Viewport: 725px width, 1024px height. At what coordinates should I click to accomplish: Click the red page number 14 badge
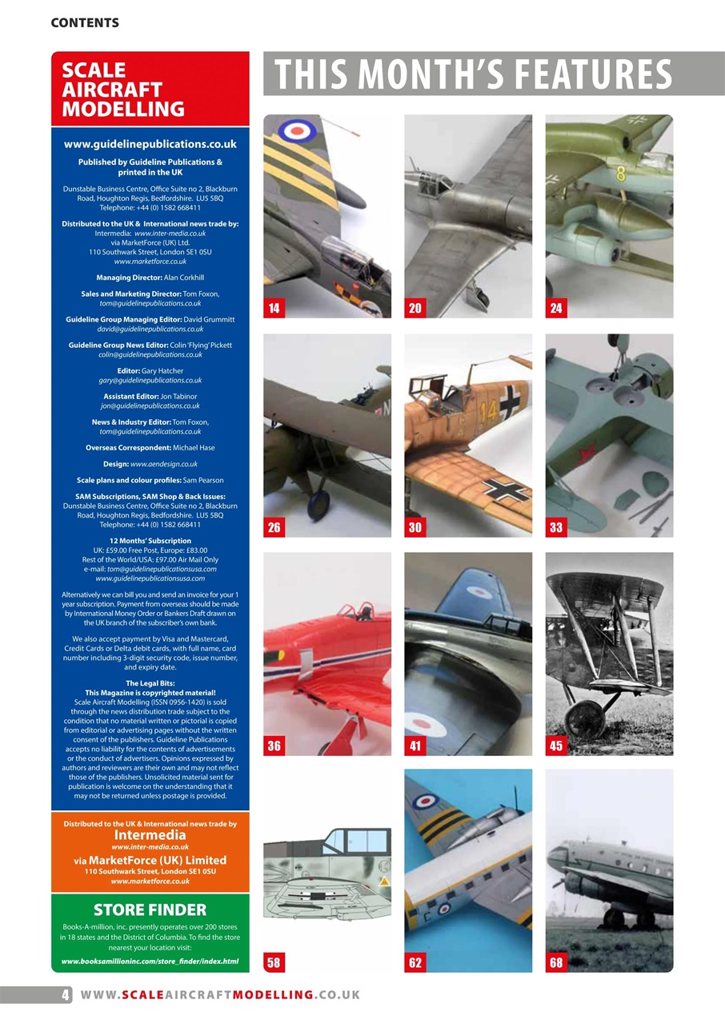pyautogui.click(x=274, y=309)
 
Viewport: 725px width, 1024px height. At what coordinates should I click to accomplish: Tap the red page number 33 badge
pyautogui.click(x=556, y=527)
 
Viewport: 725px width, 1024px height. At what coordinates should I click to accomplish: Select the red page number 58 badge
pyautogui.click(x=274, y=963)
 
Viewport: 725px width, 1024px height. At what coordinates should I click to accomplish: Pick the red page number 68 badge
pyautogui.click(x=556, y=963)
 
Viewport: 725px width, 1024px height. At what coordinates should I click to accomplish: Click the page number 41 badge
pyautogui.click(x=415, y=746)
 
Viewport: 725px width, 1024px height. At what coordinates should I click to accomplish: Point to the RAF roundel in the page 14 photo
pyautogui.click(x=300, y=130)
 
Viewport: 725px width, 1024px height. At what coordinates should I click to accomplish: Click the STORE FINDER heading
pyautogui.click(x=150, y=910)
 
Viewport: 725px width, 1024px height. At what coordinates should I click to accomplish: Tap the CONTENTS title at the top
pyautogui.click(x=85, y=23)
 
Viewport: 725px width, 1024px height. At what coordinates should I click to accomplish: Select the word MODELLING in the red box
pyautogui.click(x=123, y=109)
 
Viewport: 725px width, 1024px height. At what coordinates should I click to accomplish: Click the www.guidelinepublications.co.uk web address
pyautogui.click(x=150, y=145)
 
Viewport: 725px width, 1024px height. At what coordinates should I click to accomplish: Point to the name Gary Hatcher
pyautogui.click(x=162, y=370)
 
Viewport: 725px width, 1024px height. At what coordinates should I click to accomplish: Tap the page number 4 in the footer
pyautogui.click(x=64, y=994)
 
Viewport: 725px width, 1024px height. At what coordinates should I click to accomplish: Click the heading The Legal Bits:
pyautogui.click(x=150, y=682)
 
